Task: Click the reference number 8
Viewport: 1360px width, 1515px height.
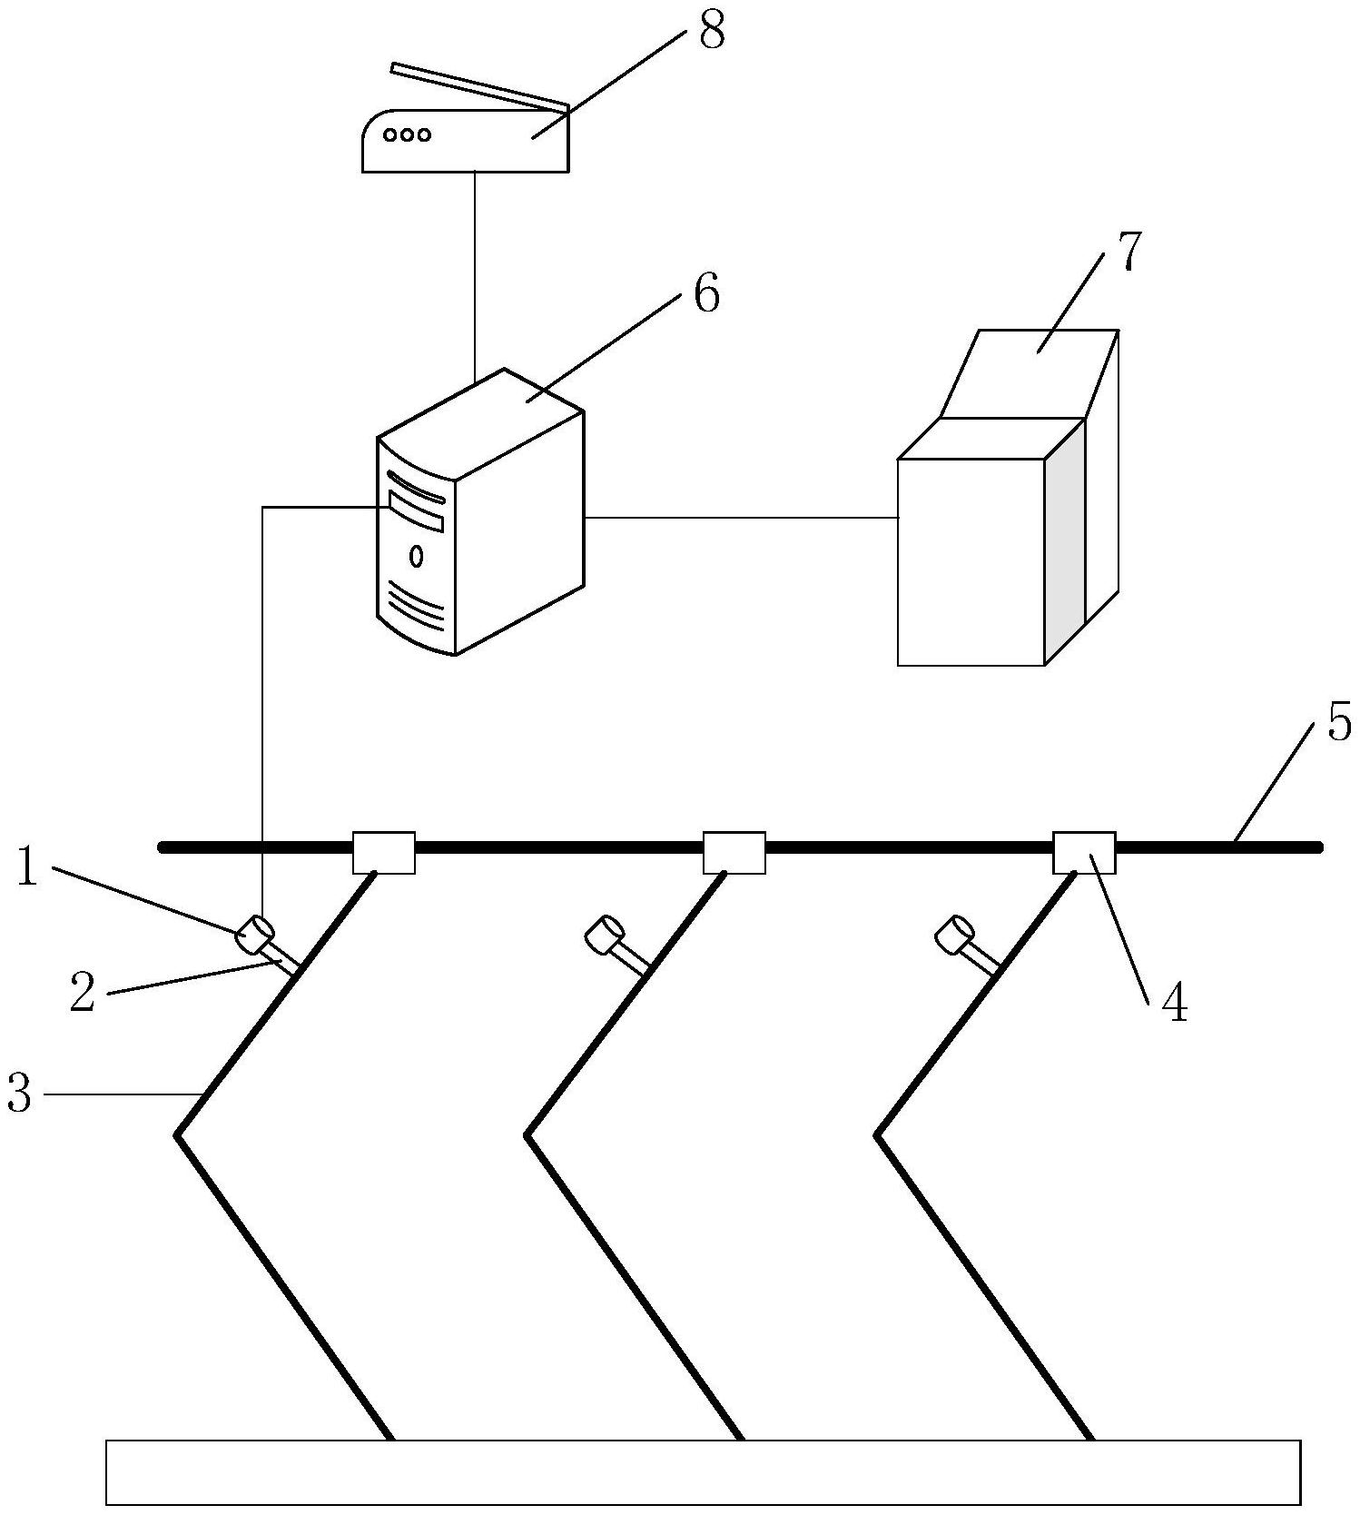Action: (x=712, y=34)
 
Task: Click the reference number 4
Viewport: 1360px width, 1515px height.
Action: (x=1175, y=1004)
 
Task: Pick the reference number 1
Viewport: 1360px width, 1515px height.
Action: (x=27, y=868)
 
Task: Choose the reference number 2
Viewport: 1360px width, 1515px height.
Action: (x=82, y=994)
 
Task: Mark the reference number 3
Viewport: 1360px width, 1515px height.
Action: (x=19, y=1094)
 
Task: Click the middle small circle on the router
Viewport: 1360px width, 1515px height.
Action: (x=407, y=135)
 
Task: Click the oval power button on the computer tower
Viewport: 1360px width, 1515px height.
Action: (x=416, y=556)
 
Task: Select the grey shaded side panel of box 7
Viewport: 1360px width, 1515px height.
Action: (x=1065, y=536)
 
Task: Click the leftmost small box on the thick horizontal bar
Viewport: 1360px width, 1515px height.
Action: (x=383, y=853)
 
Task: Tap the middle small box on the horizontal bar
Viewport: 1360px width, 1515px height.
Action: (x=734, y=853)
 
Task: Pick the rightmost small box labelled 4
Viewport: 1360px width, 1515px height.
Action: (x=1084, y=853)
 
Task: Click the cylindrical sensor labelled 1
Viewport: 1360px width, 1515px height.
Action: (x=255, y=935)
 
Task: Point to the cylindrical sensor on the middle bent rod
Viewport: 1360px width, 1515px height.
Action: (x=604, y=936)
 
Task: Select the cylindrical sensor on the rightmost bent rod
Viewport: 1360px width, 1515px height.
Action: (x=954, y=936)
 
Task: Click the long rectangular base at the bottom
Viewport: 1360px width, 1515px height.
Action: (x=703, y=1472)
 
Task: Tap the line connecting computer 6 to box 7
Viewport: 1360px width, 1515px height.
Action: (x=740, y=518)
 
